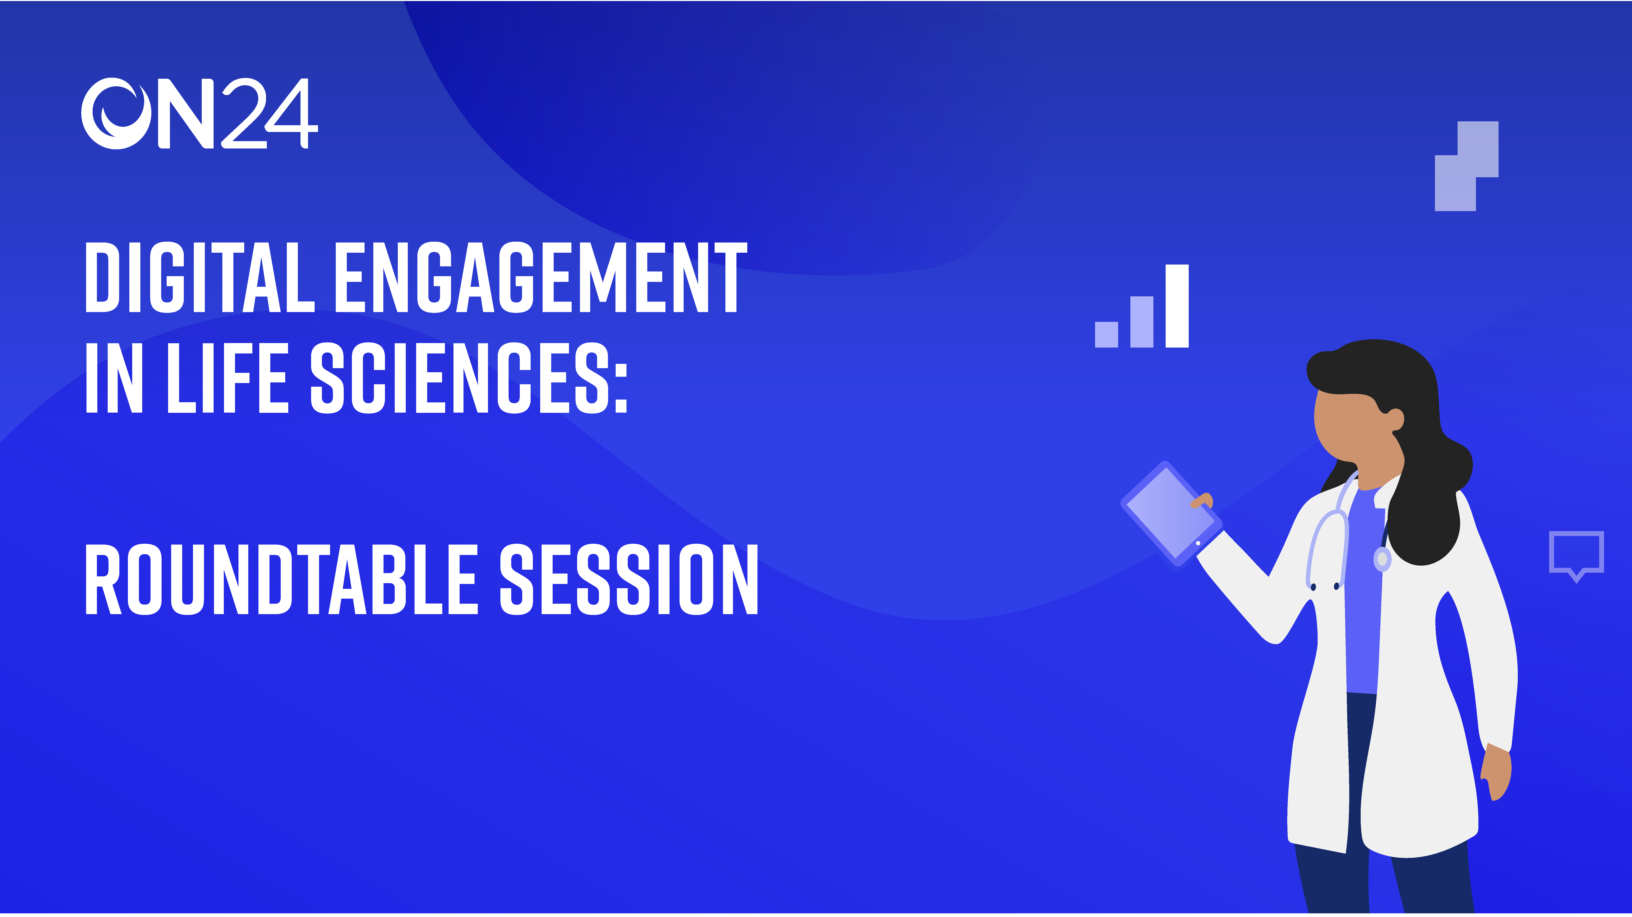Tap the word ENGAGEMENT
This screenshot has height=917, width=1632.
[540, 277]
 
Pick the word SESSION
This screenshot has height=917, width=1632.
[629, 579]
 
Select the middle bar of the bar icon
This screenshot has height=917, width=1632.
[1142, 322]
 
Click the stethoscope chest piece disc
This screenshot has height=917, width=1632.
[1382, 559]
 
